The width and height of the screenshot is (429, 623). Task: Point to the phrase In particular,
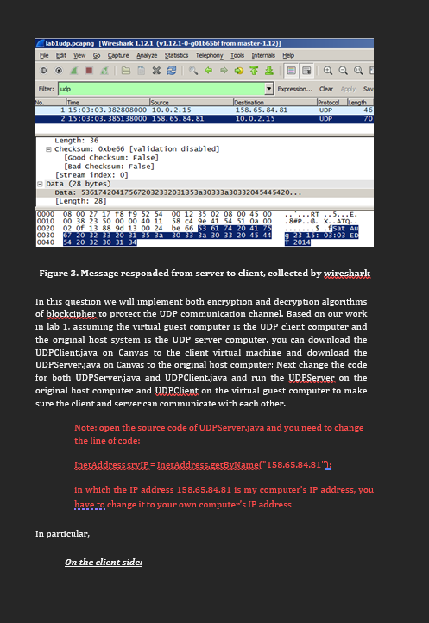(x=62, y=533)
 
